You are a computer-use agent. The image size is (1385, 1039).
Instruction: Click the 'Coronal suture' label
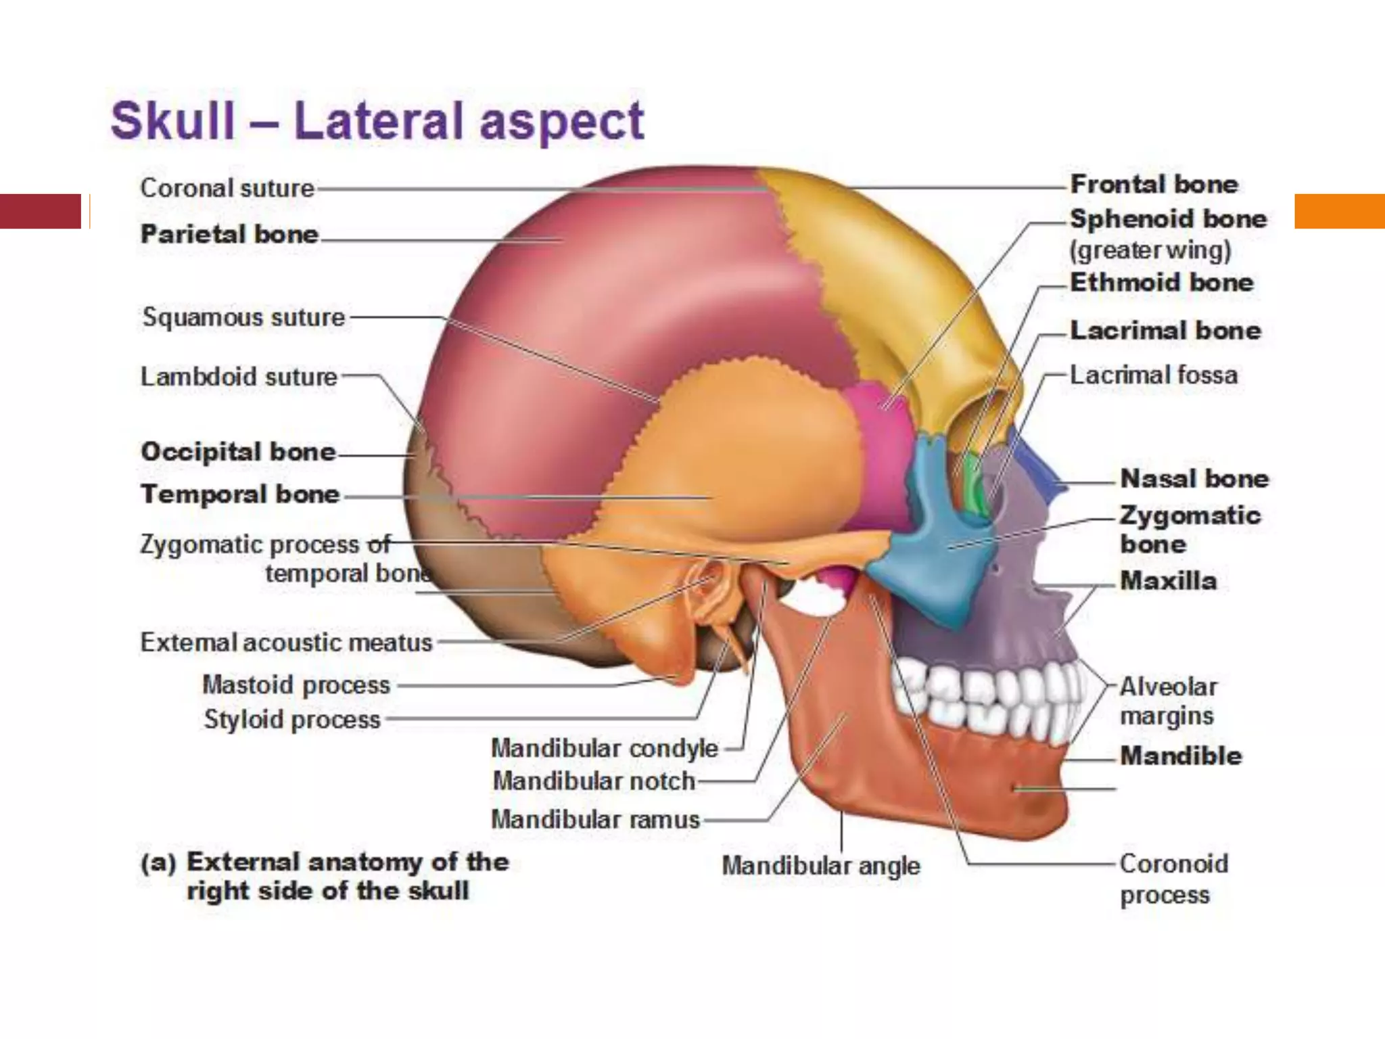(227, 188)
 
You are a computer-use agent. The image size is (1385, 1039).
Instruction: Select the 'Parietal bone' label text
(229, 234)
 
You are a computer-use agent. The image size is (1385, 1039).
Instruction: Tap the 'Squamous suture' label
(243, 317)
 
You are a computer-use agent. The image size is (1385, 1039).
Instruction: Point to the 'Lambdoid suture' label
(239, 377)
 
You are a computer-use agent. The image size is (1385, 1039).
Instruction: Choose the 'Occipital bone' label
(238, 451)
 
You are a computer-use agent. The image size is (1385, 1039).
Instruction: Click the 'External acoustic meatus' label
(286, 643)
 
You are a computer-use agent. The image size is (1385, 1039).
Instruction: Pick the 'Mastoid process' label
(296, 685)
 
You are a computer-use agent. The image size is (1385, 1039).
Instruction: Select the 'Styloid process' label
(292, 720)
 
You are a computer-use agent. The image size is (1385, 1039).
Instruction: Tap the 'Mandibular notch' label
(594, 781)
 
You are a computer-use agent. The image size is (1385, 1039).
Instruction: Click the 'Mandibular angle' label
(821, 866)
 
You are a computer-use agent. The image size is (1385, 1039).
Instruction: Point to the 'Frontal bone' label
(1154, 184)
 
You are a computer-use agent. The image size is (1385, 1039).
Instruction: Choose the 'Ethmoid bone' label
(1161, 282)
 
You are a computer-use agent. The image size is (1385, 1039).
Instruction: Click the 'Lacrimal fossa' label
(1154, 375)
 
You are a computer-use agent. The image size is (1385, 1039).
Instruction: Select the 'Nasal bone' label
(1194, 479)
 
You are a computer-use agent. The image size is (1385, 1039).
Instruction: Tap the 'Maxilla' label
(1168, 580)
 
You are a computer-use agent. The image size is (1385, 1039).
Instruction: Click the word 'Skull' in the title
(173, 122)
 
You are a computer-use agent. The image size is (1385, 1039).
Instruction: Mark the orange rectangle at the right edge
(1339, 211)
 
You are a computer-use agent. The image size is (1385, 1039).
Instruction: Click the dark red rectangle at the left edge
(41, 211)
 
